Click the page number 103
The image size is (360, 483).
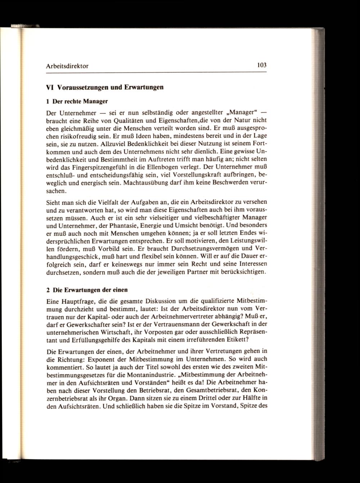pyautogui.click(x=261, y=66)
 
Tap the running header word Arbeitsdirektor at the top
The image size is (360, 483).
pyautogui.click(x=68, y=66)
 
